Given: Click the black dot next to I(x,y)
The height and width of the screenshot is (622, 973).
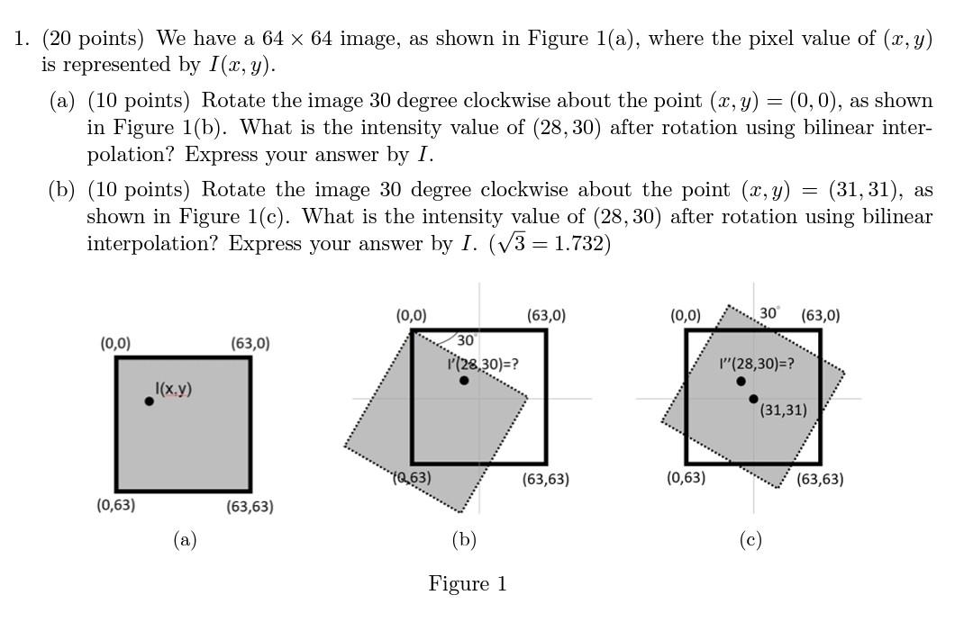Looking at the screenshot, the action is pos(149,401).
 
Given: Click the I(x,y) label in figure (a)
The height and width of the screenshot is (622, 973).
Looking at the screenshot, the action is pos(173,389).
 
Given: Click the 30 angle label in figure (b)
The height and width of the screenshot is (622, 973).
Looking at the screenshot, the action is pos(466,340).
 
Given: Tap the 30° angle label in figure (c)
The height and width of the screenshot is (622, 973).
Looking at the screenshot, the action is pos(769,312).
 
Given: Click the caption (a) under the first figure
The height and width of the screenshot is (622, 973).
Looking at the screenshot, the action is pos(185,539).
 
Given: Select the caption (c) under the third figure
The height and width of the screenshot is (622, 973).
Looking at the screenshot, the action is pos(750,539).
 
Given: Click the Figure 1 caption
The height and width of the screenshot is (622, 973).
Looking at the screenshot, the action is pos(467,584).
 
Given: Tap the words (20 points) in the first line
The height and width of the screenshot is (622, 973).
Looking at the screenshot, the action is pos(93,39).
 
